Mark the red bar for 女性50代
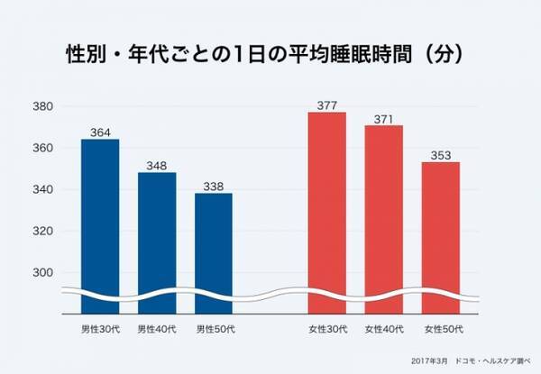pos(441,230)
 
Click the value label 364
pos(99,133)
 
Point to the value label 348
pos(157,167)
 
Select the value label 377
pos(326,106)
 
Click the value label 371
pos(383,119)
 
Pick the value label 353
pos(441,156)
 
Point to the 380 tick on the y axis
pos(43,107)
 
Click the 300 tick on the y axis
pos(43,273)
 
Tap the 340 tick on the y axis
pos(43,190)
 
